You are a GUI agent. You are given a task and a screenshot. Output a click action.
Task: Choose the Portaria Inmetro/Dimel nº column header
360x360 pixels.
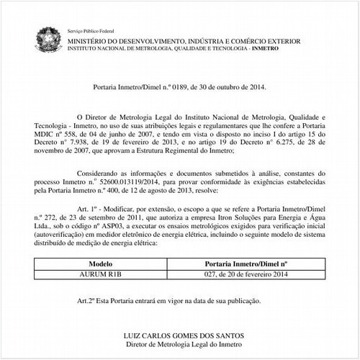coord(246,265)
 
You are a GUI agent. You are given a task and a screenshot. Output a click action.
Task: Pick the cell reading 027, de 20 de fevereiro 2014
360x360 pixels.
coord(246,274)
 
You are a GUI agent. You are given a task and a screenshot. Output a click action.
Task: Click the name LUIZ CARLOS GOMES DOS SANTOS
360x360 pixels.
coord(179,335)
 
